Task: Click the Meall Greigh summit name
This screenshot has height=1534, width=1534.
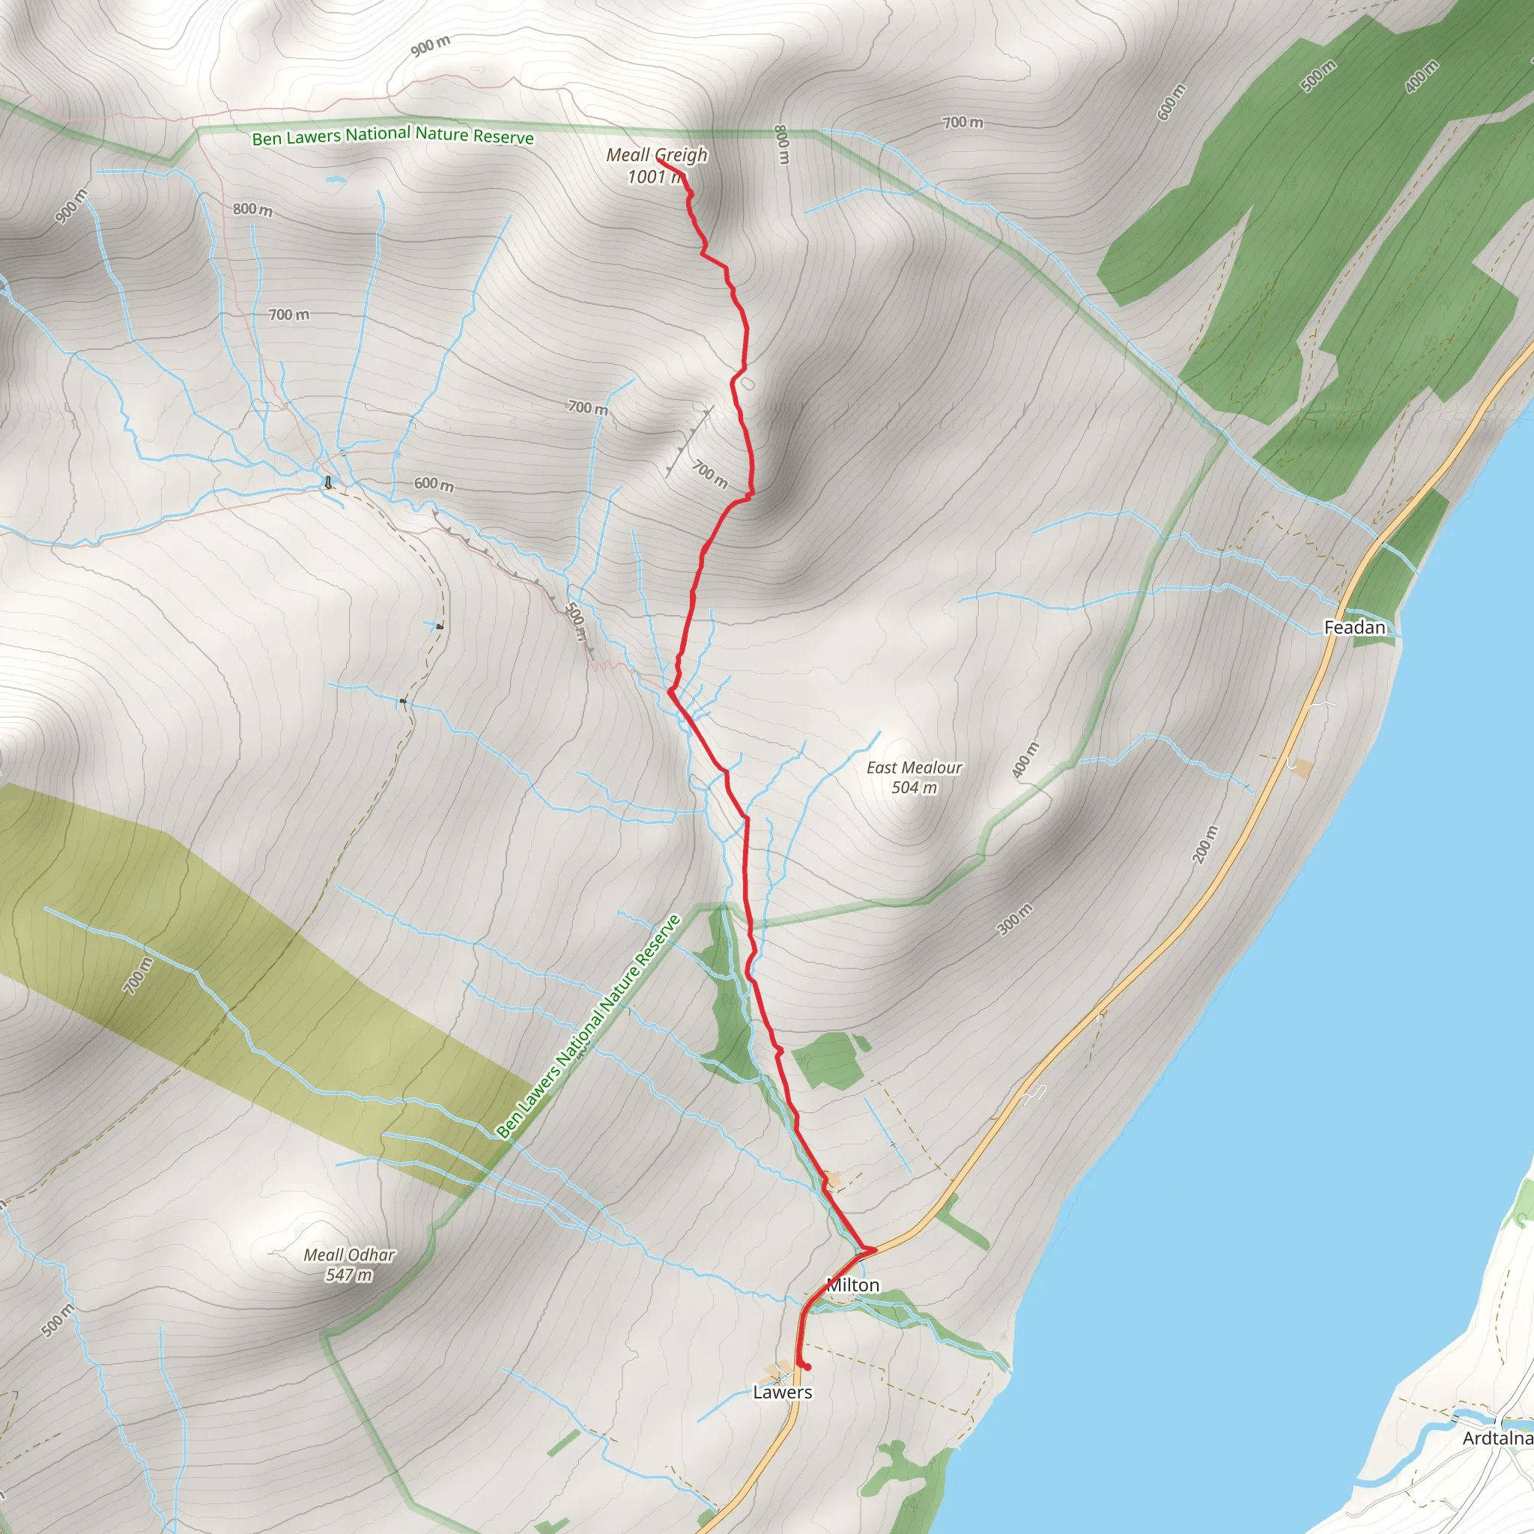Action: (x=656, y=155)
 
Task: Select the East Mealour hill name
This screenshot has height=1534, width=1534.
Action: (x=914, y=768)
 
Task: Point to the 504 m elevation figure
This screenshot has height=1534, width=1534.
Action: (x=914, y=788)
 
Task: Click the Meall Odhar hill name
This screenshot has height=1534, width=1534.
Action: (x=349, y=1255)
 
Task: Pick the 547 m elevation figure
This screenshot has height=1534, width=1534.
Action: (x=348, y=1275)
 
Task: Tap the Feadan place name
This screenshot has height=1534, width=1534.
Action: (x=1354, y=627)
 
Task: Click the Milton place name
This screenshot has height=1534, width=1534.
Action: (x=854, y=1285)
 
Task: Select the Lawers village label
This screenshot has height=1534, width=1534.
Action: (x=782, y=1392)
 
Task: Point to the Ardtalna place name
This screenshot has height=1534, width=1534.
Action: (x=1497, y=1439)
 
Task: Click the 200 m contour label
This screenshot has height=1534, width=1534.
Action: (x=1204, y=844)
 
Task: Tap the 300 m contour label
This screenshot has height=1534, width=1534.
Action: (x=1016, y=920)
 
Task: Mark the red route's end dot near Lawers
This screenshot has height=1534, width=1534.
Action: (x=807, y=1367)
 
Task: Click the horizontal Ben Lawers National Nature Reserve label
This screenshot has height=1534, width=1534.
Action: (x=393, y=136)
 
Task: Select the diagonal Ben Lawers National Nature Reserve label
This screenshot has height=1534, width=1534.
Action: (x=588, y=1027)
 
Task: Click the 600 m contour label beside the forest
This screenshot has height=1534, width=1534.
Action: (x=1171, y=102)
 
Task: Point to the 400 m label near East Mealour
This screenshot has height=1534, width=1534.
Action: (x=1025, y=760)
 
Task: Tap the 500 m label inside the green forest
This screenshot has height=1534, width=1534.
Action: (x=1319, y=76)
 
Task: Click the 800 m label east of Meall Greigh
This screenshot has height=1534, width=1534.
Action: (x=782, y=144)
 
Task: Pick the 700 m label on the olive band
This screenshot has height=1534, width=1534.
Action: (x=137, y=976)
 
